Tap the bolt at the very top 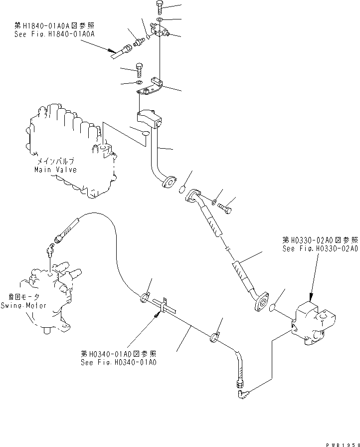click(x=159, y=6)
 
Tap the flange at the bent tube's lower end click(x=170, y=183)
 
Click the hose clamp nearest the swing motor click(x=144, y=297)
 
